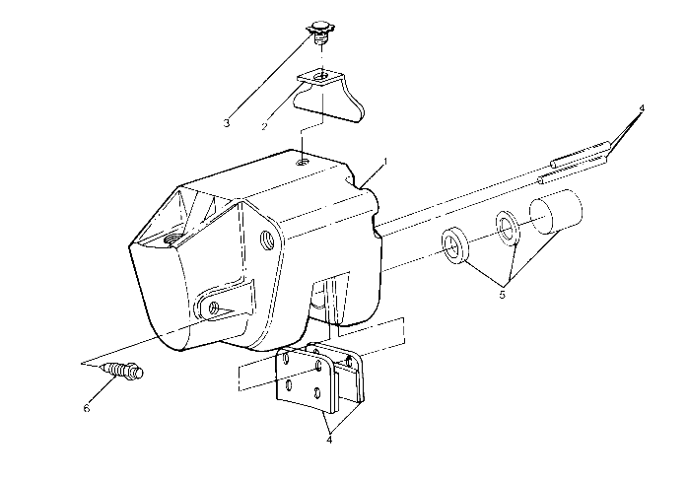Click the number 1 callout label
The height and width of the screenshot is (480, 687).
point(386,160)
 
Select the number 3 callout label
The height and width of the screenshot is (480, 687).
point(226,123)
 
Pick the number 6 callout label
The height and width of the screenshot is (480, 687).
point(86,407)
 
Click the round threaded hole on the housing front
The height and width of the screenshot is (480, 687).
point(268,238)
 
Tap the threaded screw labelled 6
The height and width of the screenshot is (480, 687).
point(123,372)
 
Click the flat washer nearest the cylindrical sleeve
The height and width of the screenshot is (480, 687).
point(509,229)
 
